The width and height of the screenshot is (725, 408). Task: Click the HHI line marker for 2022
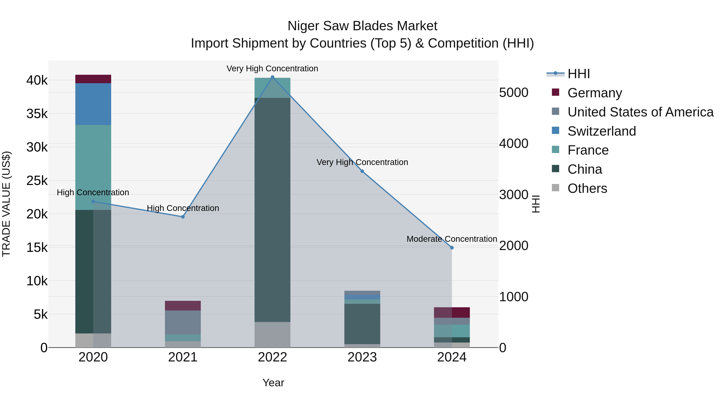[272, 77]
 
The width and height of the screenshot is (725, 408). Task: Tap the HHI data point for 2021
[183, 217]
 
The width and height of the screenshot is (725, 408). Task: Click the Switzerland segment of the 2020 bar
[93, 104]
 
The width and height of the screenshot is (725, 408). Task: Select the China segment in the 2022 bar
[272, 210]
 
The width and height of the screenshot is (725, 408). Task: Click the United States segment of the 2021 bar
[183, 322]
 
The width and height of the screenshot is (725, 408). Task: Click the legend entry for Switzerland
[601, 131]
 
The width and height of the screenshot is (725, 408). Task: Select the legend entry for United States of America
[640, 112]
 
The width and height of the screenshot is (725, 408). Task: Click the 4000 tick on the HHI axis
[514, 144]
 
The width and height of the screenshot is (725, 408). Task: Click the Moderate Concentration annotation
[452, 239]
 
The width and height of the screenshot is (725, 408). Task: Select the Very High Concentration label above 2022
[272, 69]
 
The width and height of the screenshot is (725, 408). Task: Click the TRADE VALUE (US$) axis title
[6, 204]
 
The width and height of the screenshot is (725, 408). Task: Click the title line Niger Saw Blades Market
[362, 26]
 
